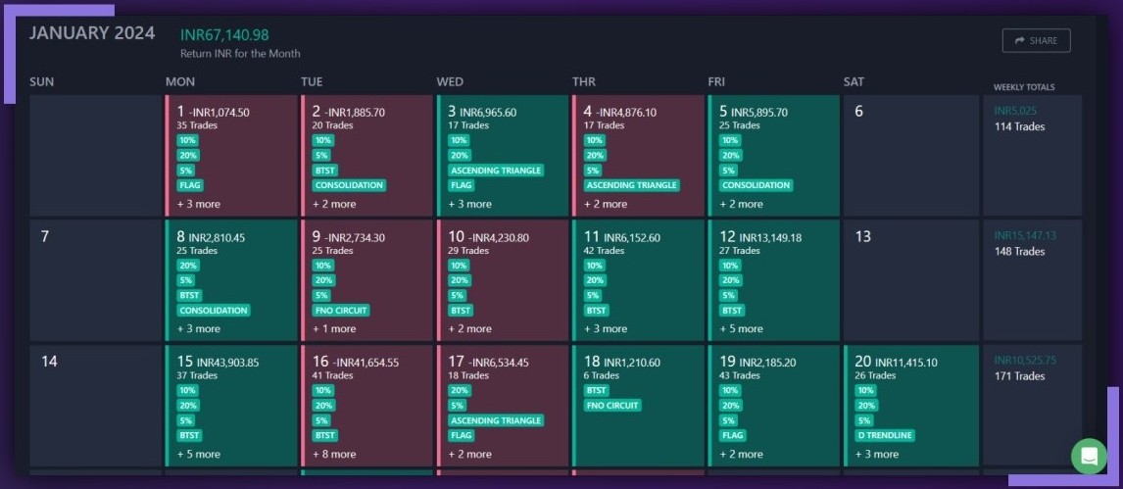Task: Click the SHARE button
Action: point(1036,40)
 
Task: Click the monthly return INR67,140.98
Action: point(224,34)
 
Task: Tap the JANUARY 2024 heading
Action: point(92,33)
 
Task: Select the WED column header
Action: point(450,81)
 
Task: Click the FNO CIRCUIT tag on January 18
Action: point(612,405)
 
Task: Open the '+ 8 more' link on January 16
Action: point(334,454)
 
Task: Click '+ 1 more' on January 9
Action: point(334,328)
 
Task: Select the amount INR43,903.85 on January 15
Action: point(227,363)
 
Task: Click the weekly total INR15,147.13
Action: point(1025,236)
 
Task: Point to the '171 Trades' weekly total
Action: point(1019,376)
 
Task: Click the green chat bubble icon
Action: point(1089,456)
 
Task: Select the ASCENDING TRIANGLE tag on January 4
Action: point(631,184)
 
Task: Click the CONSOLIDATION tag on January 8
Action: point(214,310)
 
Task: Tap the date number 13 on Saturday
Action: point(863,236)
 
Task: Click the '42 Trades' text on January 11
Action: point(605,251)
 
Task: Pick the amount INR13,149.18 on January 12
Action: point(766,237)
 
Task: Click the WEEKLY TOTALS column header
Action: point(1024,87)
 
